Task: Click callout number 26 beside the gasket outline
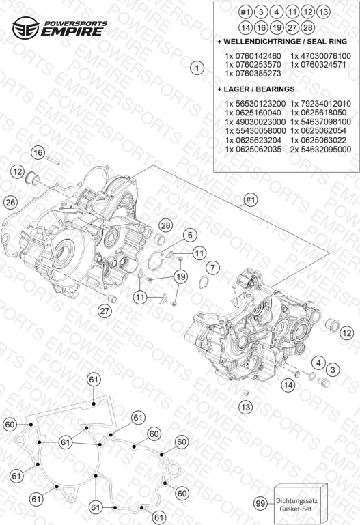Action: click(10, 202)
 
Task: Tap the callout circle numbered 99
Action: click(260, 503)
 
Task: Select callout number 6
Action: click(190, 235)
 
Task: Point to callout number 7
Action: click(212, 268)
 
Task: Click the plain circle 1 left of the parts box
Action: click(197, 68)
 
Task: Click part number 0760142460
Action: click(253, 56)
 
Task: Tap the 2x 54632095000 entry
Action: click(321, 150)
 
